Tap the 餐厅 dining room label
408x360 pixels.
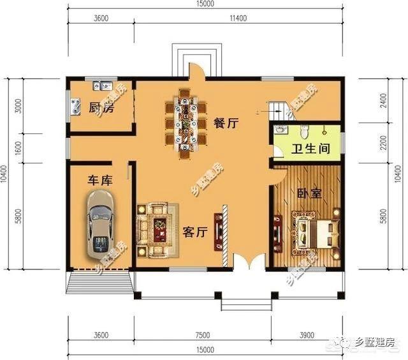click(x=226, y=123)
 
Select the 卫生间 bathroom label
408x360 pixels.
click(x=310, y=151)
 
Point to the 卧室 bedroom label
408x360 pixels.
click(x=309, y=193)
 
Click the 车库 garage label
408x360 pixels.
click(x=100, y=181)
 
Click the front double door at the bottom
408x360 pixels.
click(x=248, y=262)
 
